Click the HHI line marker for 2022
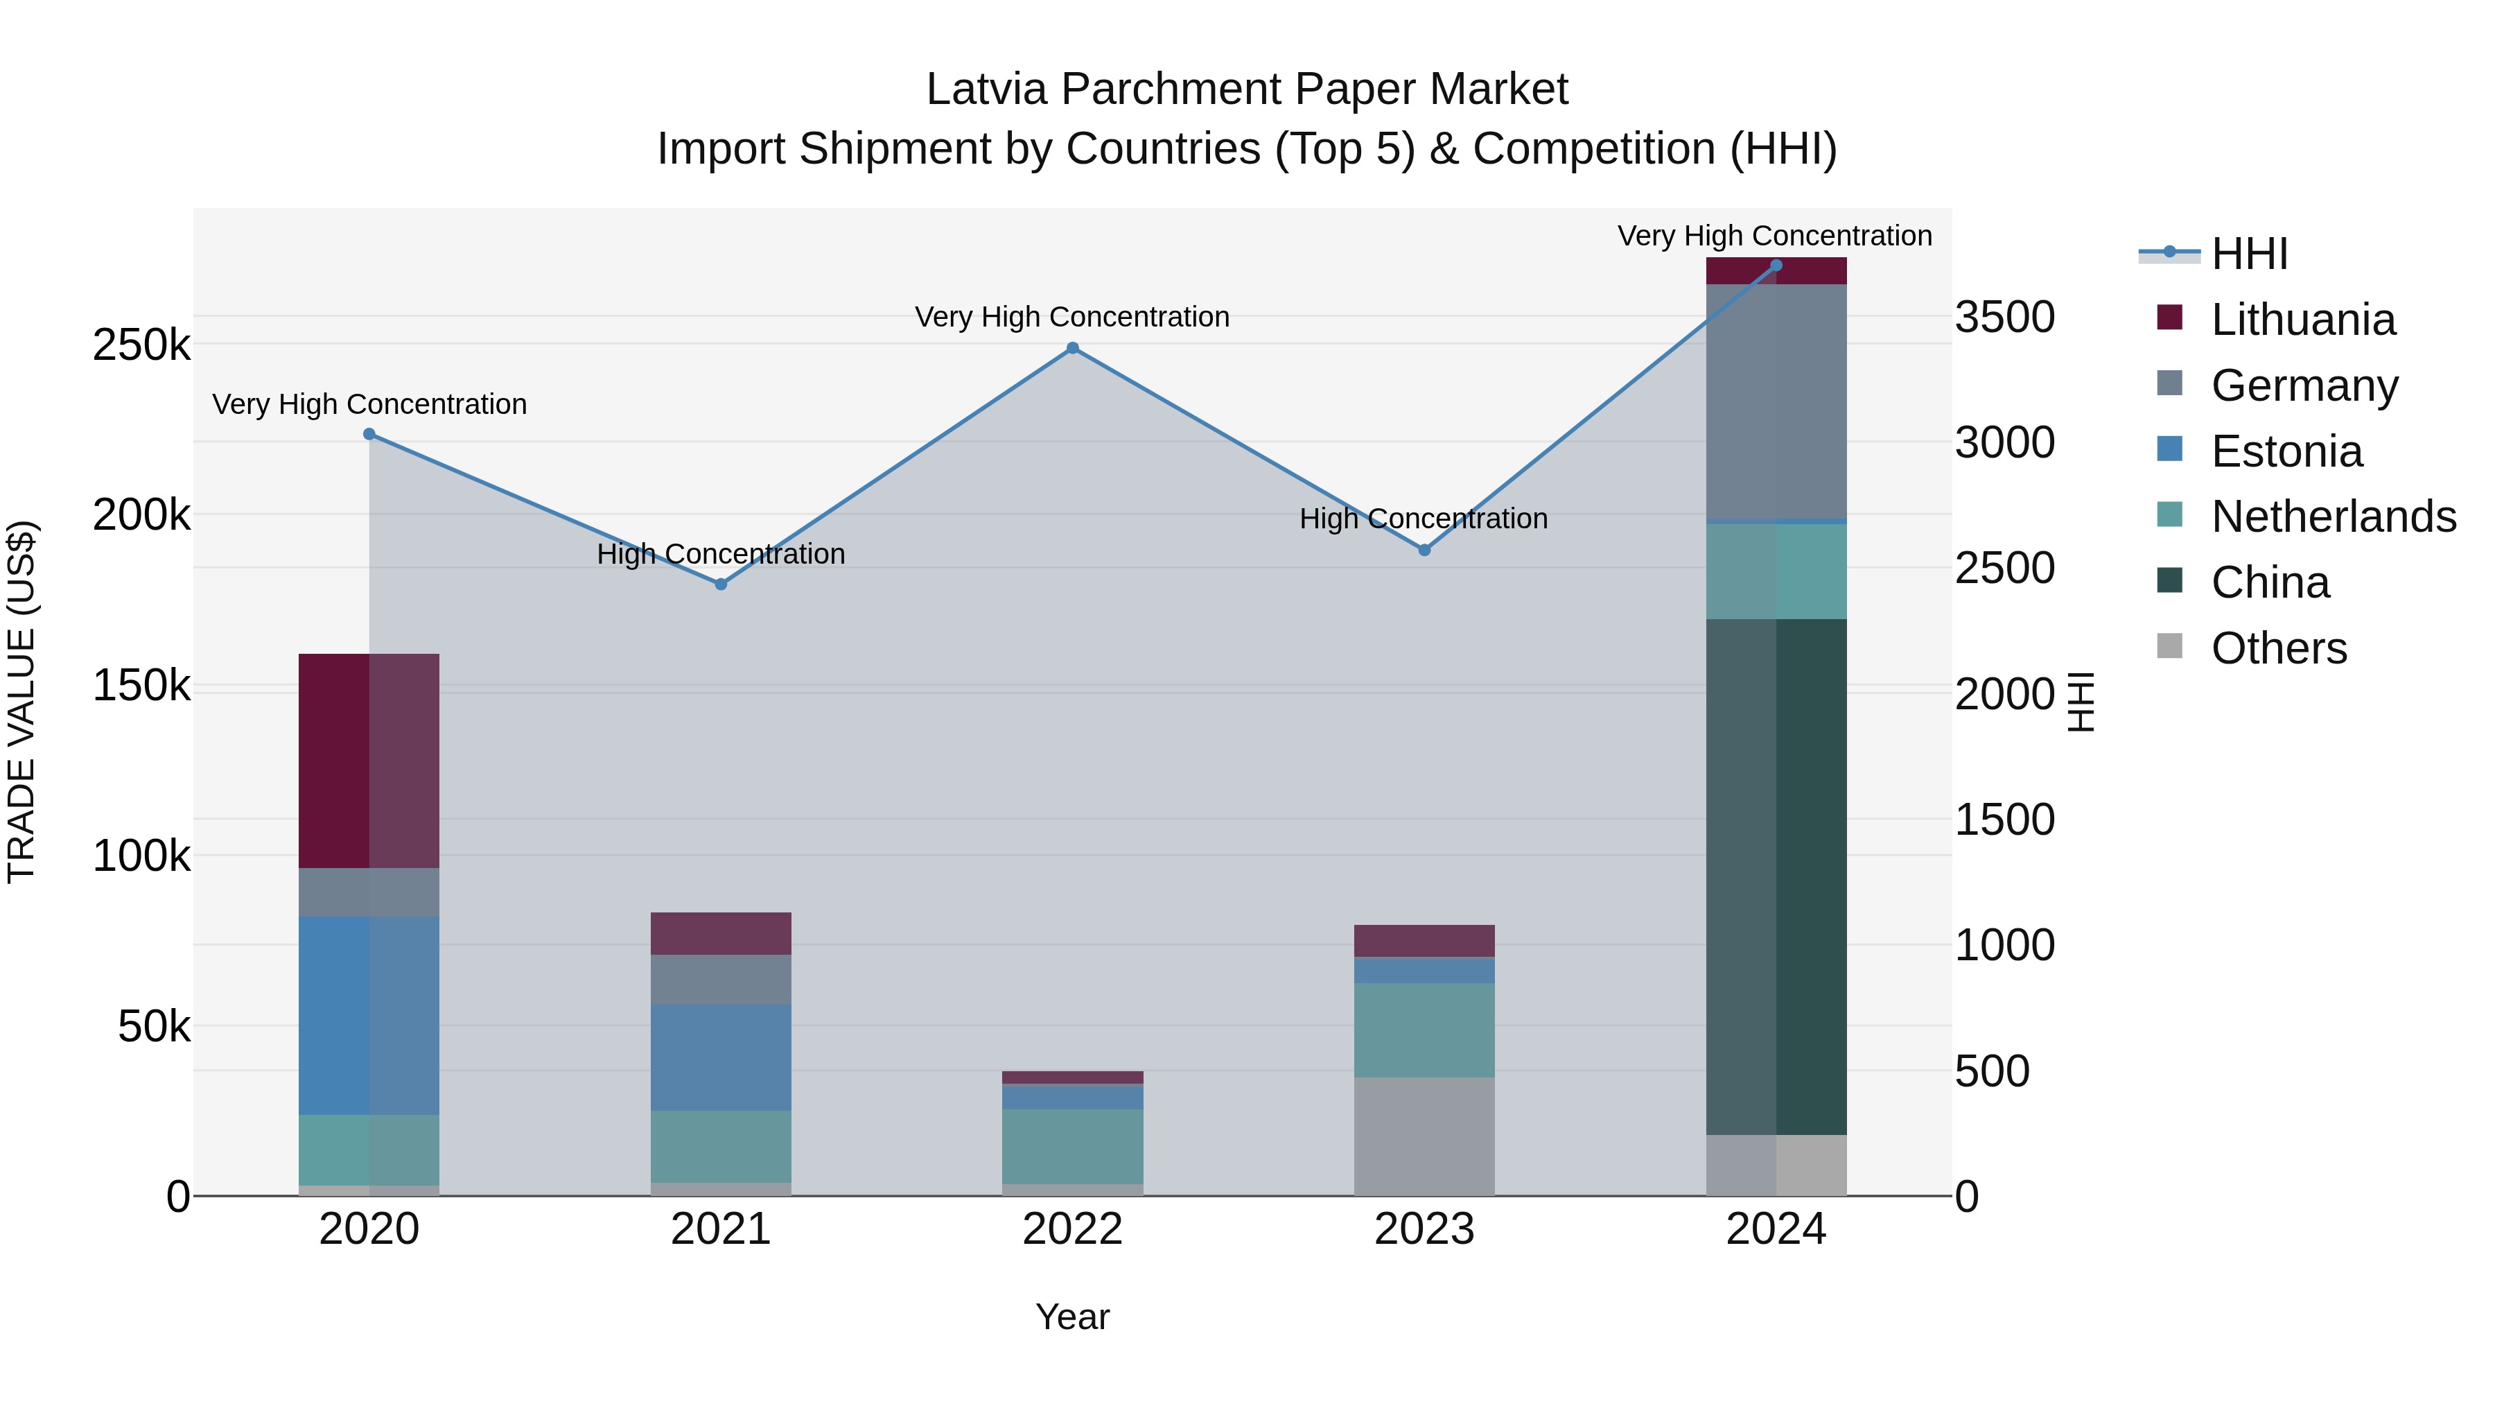1072,348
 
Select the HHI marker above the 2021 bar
721,584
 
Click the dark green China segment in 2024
1776,877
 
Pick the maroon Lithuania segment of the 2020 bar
369,761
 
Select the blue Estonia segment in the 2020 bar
369,1016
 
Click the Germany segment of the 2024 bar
1776,402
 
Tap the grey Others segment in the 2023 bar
1424,1136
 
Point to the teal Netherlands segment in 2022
1072,1146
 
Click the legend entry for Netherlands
2332,517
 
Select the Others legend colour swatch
2169,646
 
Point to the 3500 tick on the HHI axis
2004,317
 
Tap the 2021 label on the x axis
721,1229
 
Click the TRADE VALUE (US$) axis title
21,702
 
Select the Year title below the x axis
1072,1317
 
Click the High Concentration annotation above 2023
1423,519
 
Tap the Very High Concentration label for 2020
369,404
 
